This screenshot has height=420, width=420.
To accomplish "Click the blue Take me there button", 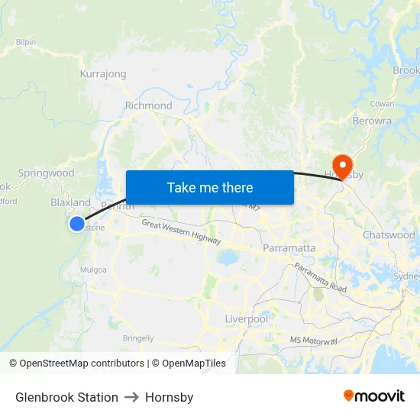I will click(209, 187).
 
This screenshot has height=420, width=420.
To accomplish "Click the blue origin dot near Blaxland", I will click(76, 223).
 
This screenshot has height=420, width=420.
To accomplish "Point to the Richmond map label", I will click(148, 105).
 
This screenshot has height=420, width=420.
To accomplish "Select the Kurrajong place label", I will click(102, 74).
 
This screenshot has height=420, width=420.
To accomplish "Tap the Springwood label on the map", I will click(46, 173).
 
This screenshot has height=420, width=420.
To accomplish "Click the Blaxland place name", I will click(70, 202).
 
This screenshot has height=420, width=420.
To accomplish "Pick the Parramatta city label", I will click(289, 248).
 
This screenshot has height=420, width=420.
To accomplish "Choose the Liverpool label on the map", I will click(247, 318).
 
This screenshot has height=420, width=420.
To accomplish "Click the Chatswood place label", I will click(389, 234).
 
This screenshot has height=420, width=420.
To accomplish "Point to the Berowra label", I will click(372, 121).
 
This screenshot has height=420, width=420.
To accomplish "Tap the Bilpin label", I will click(25, 42).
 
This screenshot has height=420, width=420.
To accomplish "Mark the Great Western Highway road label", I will click(181, 231).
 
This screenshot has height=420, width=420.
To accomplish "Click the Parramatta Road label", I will click(321, 279).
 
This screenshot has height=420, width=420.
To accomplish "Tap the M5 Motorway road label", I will click(313, 340).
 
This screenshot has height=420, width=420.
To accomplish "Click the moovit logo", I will click(374, 396).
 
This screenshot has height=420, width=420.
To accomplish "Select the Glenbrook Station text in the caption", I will click(66, 397).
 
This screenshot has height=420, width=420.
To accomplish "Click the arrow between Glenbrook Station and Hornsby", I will click(131, 397).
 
